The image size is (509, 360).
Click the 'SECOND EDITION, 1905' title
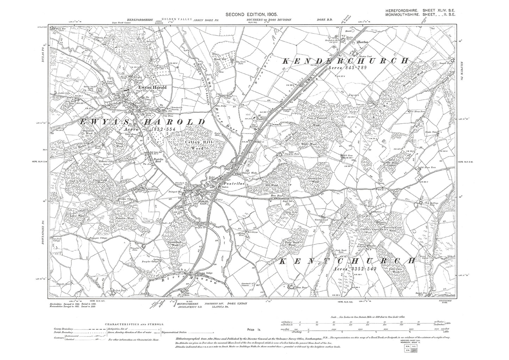click(254, 14)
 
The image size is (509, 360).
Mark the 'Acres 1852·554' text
click(150, 130)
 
